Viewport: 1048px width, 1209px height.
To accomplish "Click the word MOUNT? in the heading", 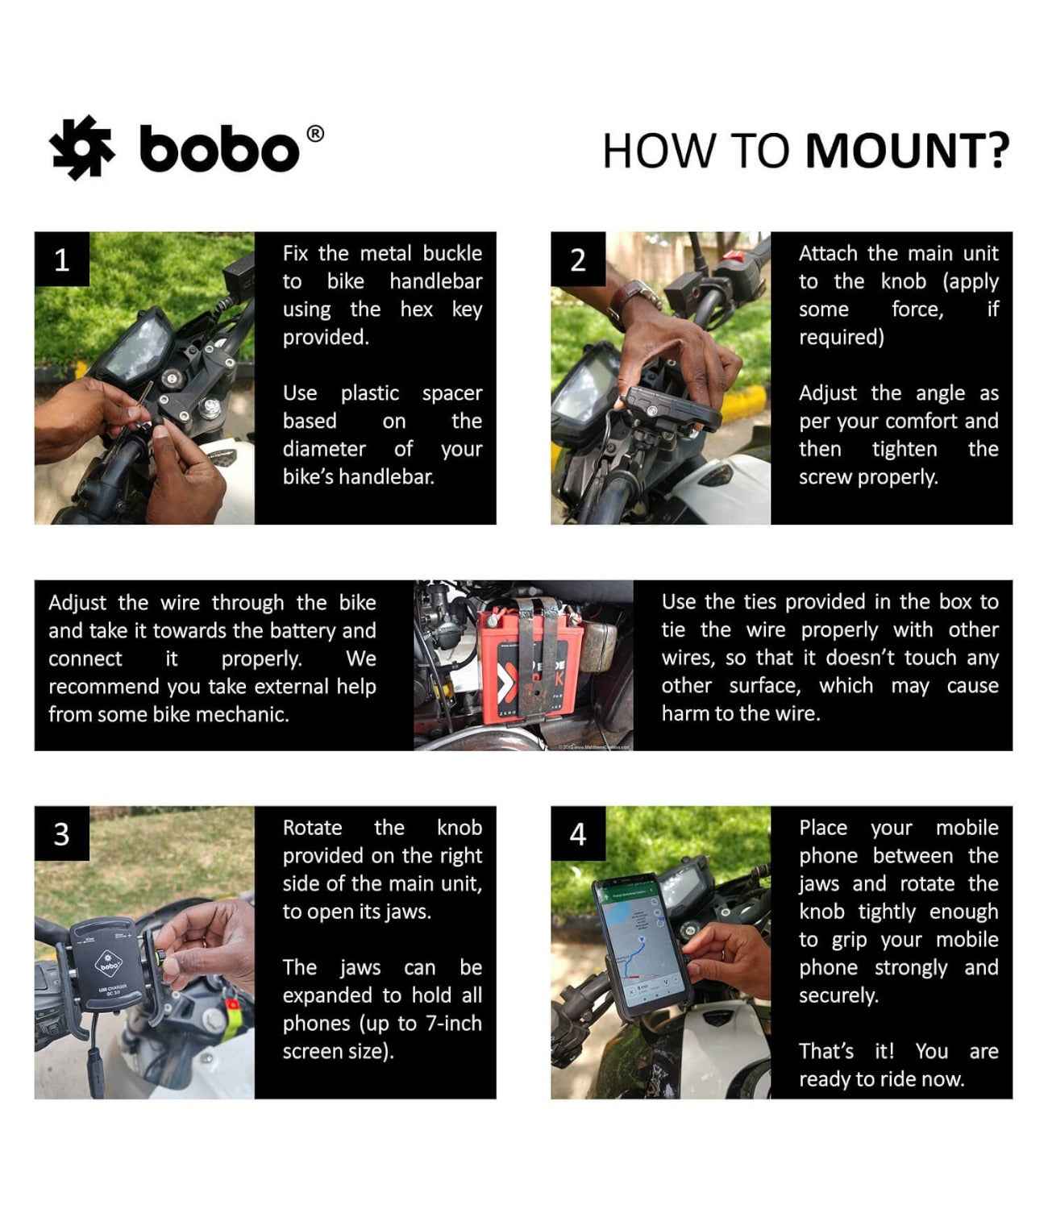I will [x=908, y=151].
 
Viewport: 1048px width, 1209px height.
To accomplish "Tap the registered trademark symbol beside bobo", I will [x=316, y=134].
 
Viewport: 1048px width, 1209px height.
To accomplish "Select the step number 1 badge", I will [x=61, y=260].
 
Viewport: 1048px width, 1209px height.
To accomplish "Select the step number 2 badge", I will [x=578, y=260].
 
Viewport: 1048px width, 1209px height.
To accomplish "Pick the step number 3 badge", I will [x=61, y=833].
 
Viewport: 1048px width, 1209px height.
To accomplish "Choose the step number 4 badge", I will [x=578, y=833].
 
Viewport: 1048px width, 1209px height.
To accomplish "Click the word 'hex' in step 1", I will [x=416, y=310].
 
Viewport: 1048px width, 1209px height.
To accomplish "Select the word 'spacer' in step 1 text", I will [x=451, y=393].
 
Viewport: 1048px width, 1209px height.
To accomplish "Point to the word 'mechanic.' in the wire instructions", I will [x=245, y=714].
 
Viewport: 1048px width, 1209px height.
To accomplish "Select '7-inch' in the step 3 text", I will [x=453, y=1024].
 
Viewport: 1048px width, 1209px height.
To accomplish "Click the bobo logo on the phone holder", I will [x=108, y=964].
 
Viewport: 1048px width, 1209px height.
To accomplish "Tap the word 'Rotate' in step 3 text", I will [x=312, y=828].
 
